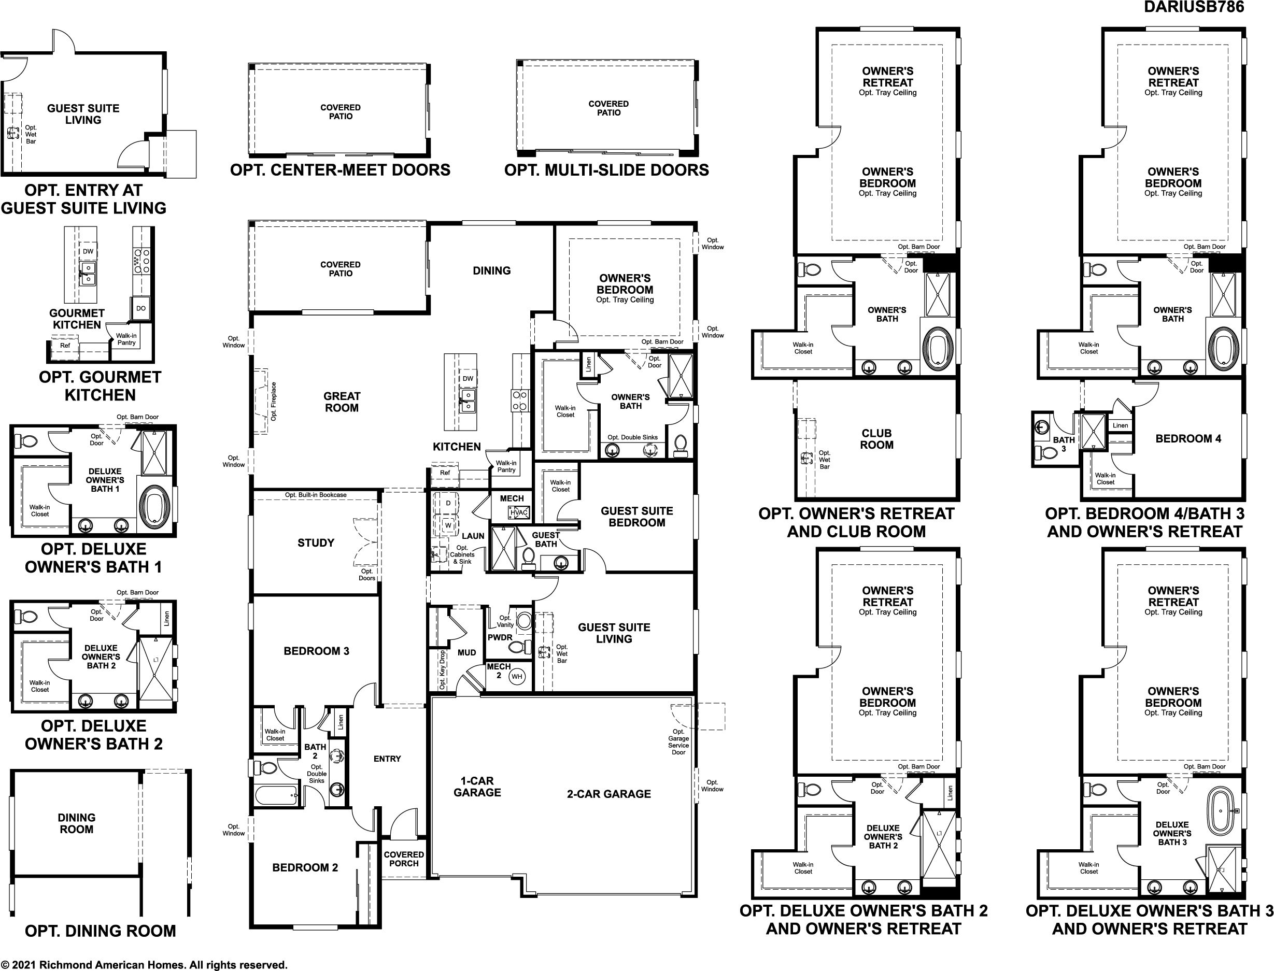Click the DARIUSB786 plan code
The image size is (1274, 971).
pyautogui.click(x=1194, y=7)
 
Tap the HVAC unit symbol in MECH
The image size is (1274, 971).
pyautogui.click(x=518, y=512)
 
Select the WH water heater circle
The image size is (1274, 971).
pyautogui.click(x=517, y=677)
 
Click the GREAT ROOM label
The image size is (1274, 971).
pyautogui.click(x=342, y=402)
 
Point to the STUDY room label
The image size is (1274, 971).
pyautogui.click(x=316, y=542)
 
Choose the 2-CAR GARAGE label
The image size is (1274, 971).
pyautogui.click(x=608, y=794)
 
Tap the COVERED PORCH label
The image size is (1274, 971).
pyautogui.click(x=403, y=859)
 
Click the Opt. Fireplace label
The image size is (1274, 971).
pyautogui.click(x=274, y=401)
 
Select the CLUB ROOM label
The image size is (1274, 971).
pyautogui.click(x=876, y=439)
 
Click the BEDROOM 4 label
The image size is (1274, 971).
pyautogui.click(x=1188, y=439)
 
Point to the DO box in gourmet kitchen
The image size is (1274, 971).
pyautogui.click(x=141, y=309)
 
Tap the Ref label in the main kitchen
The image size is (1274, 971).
pyautogui.click(x=445, y=473)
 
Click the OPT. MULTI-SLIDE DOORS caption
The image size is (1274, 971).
pyautogui.click(x=606, y=170)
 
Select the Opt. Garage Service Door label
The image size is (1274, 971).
pyautogui.click(x=678, y=741)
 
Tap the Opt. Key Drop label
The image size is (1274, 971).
pyautogui.click(x=442, y=670)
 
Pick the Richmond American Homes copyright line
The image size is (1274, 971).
pyautogui.click(x=144, y=965)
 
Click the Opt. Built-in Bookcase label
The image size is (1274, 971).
pyautogui.click(x=316, y=495)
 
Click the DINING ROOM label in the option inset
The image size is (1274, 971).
pyautogui.click(x=76, y=823)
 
